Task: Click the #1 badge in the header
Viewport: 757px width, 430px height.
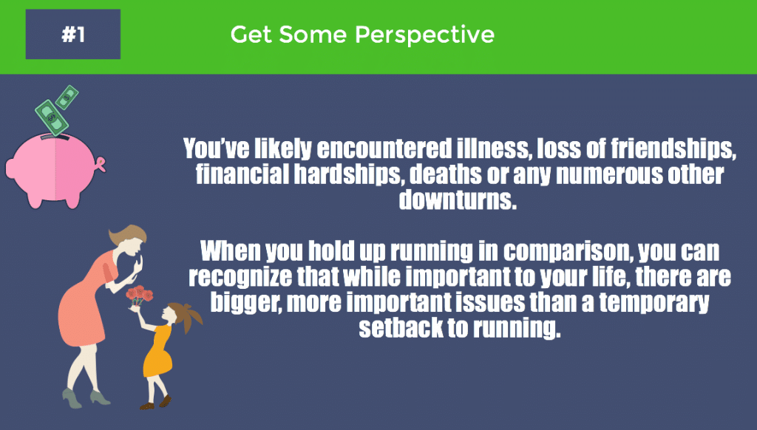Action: click(72, 34)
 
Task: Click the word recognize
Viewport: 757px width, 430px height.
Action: click(242, 277)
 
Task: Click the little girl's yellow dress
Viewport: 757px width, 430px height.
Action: click(157, 351)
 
